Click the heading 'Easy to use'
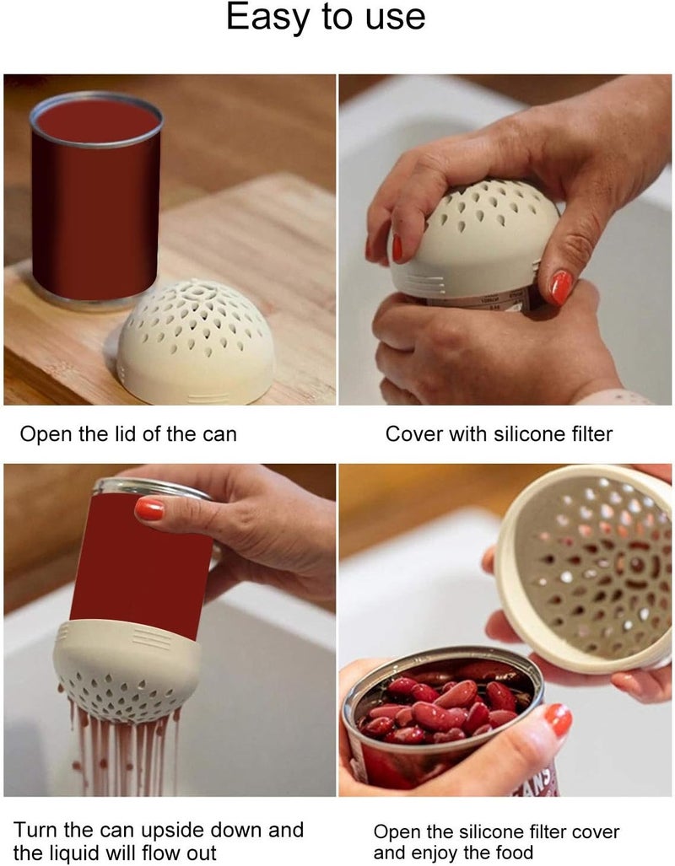point(326,18)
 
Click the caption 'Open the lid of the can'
point(128,435)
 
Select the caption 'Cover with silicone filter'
point(499,435)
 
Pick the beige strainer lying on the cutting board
point(196,342)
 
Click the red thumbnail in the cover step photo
point(561,287)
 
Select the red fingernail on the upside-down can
point(149,508)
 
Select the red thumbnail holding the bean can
point(557,719)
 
